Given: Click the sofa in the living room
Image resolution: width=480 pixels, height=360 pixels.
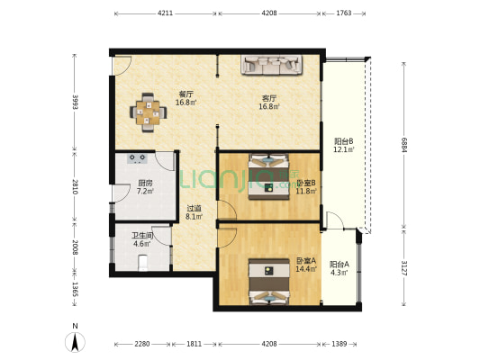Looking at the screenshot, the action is tap(272, 65).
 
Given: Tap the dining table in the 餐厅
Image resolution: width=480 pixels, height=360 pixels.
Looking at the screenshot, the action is tap(149, 112).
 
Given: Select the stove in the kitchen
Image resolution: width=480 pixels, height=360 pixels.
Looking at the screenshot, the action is tap(137, 158).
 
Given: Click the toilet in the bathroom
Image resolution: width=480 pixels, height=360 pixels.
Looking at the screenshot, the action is tap(143, 263).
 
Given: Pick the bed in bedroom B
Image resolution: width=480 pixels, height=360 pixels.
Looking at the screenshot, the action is tap(268, 176).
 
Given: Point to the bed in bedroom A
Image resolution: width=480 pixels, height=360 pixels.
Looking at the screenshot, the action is tap(269, 282).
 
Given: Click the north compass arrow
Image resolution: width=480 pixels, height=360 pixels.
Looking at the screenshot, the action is tap(75, 342).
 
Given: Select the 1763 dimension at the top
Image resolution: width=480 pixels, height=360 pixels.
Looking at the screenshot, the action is tap(344, 13).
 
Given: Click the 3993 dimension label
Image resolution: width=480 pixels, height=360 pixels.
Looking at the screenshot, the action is tap(75, 103).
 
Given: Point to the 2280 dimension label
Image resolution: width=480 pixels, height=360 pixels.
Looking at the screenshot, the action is tap(142, 344).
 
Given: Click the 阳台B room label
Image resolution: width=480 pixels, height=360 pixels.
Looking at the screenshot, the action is tap(344, 141).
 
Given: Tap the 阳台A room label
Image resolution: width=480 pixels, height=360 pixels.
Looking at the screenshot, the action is tap(340, 265).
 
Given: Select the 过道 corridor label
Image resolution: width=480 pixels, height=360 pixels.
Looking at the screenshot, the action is tap(195, 208).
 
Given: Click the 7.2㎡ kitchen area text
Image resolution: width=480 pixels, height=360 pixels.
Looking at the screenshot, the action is tap(145, 192).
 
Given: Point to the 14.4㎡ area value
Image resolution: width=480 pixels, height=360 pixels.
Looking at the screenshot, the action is tap(306, 269).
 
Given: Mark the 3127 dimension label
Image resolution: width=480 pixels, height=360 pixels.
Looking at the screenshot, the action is tap(404, 268).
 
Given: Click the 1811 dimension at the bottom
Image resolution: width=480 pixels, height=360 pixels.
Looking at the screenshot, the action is tap(195, 344).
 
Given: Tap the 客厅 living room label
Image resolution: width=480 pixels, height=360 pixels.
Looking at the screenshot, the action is tap(269, 98).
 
